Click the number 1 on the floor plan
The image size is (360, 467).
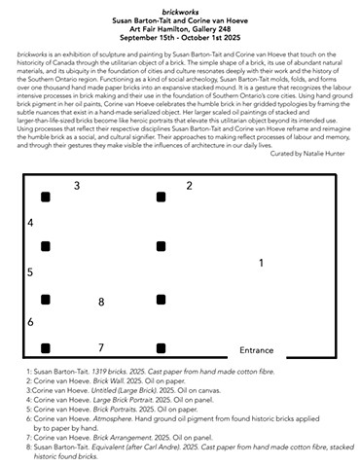pyautogui.click(x=260, y=264)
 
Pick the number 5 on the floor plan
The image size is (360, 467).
pyautogui.click(x=30, y=272)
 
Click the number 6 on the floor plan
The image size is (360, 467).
pyautogui.click(x=30, y=321)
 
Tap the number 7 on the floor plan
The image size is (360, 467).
pyautogui.click(x=100, y=347)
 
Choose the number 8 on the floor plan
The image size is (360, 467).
pyautogui.click(x=100, y=303)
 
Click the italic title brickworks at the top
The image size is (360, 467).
pyautogui.click(x=179, y=8)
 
